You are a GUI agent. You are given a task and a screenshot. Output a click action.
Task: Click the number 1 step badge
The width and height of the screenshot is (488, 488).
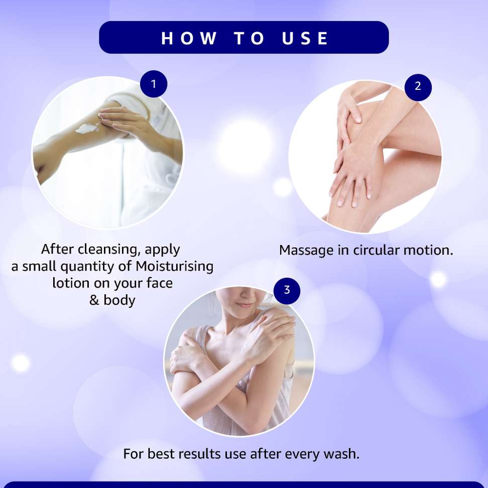154,84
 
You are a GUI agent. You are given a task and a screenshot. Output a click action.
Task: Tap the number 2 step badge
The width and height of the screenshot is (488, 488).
418,87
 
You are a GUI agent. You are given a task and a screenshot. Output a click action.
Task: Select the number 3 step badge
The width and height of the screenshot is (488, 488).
287,291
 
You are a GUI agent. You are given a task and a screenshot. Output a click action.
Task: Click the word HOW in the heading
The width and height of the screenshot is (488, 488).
189,38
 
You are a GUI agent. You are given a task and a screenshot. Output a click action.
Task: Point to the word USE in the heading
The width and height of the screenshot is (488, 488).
305,38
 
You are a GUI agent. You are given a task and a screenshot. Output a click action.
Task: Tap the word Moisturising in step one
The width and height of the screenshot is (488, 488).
174,267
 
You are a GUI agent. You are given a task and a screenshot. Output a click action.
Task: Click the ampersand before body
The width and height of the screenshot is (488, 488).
94,300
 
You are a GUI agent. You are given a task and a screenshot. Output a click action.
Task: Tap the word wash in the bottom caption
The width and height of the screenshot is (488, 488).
341,454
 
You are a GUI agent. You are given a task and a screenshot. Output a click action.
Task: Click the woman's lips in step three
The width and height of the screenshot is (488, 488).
245,305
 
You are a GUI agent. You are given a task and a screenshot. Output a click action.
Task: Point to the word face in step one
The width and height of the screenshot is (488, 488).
159,283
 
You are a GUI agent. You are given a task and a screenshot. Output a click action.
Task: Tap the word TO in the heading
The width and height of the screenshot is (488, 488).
250,38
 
